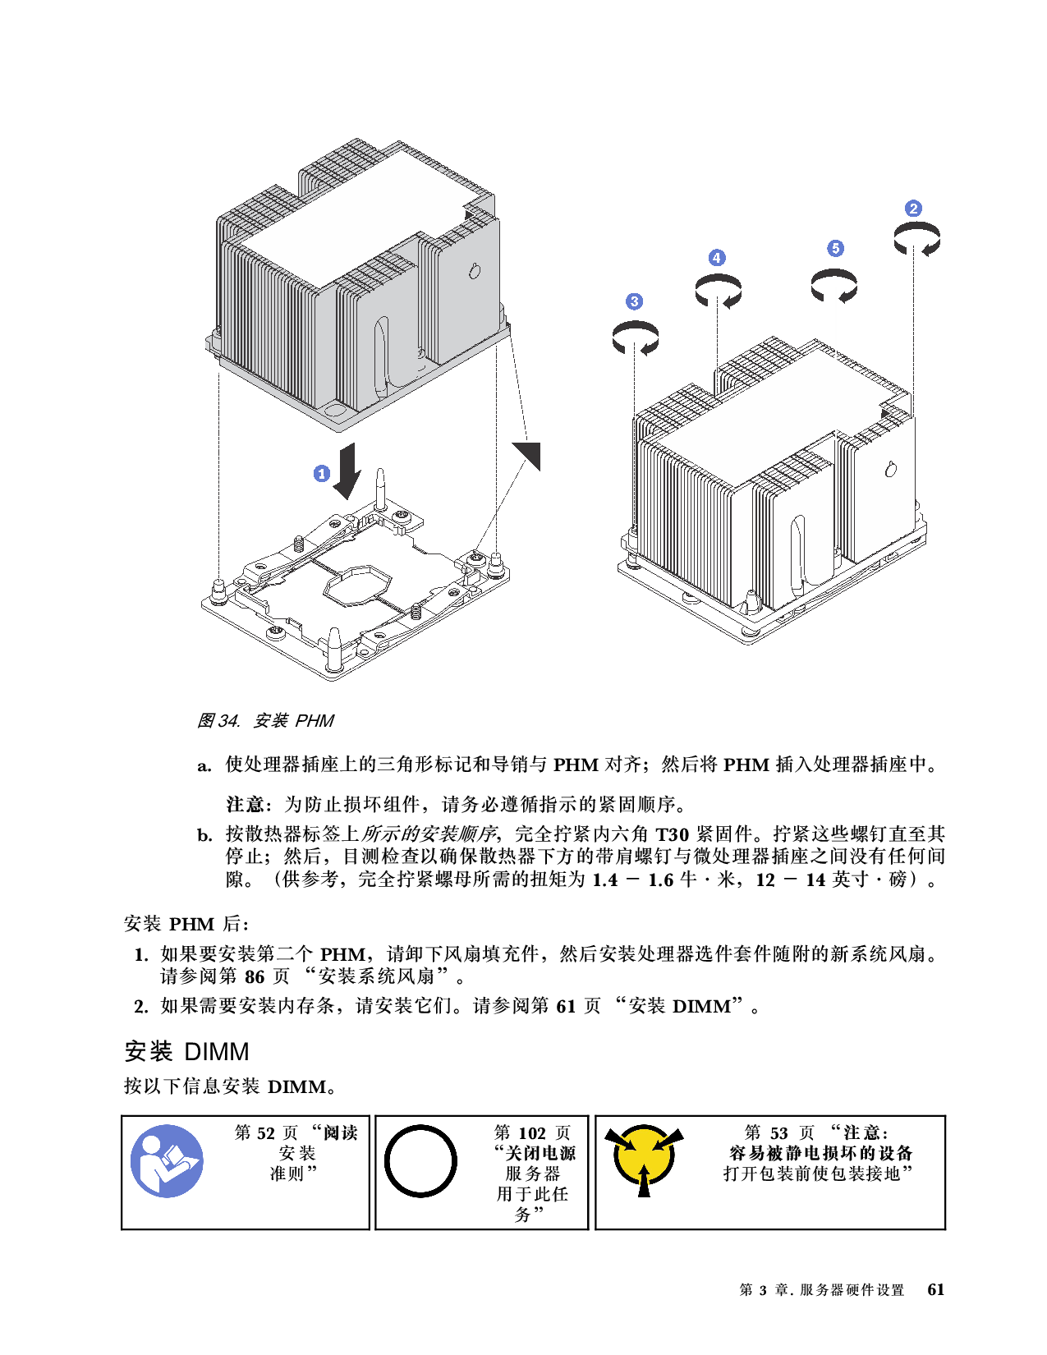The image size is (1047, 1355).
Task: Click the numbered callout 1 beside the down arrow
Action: coord(322,473)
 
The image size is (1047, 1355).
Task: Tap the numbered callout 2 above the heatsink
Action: coord(913,209)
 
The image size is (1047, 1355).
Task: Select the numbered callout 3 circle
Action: coord(634,301)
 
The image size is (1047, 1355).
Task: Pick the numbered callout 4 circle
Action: coord(717,258)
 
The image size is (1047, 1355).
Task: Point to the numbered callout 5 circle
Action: coord(835,248)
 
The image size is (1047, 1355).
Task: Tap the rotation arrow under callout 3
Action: coord(635,338)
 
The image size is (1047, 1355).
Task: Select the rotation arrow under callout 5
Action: coord(833,286)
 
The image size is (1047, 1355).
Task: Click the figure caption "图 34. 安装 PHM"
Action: coord(264,720)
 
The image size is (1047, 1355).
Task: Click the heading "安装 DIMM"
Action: coord(186,1051)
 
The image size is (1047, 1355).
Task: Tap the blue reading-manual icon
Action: coord(167,1161)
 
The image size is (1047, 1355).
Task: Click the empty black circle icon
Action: coord(420,1161)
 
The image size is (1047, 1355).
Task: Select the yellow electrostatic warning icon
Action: coord(644,1158)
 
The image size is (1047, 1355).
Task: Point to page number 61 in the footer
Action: coord(935,1289)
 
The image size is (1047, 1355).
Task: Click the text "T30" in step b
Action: coord(671,834)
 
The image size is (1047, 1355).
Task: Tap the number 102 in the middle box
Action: coord(531,1132)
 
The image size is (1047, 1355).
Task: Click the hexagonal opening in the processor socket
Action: coord(357,584)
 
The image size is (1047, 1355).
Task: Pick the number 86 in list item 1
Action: coord(255,976)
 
